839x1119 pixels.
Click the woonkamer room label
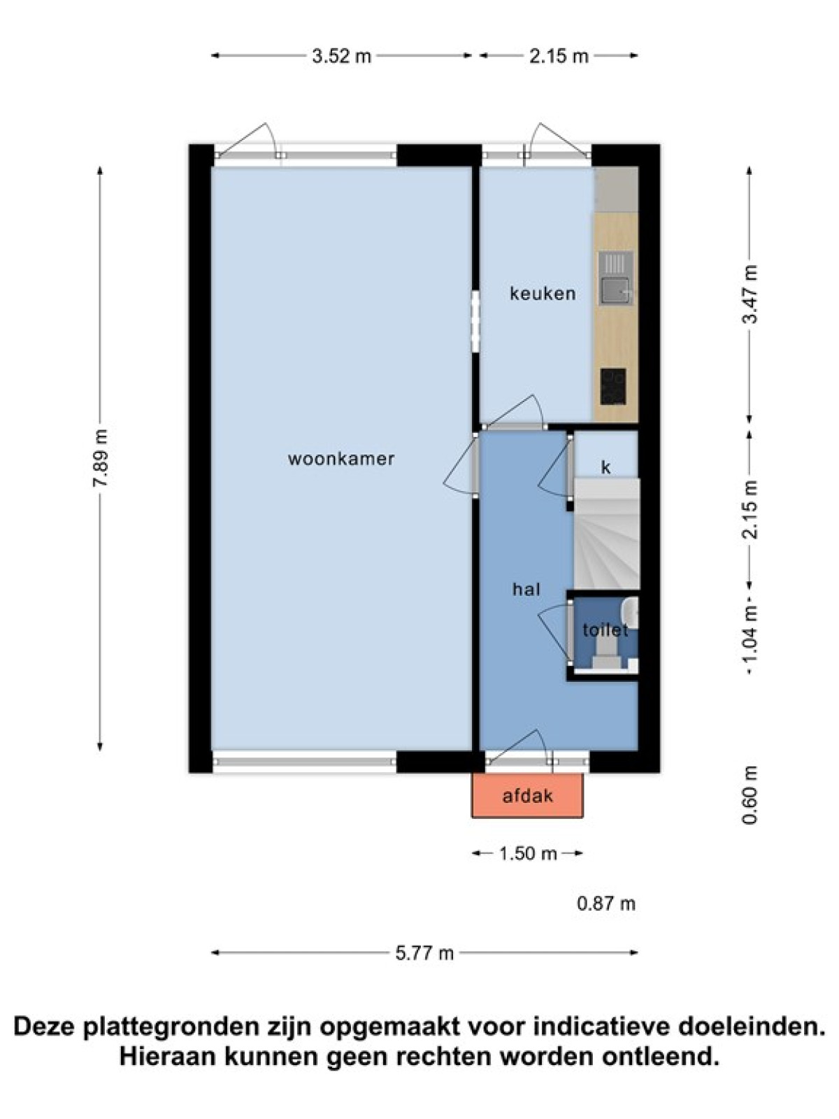(340, 459)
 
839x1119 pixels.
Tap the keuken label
(543, 294)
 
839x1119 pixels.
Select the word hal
(526, 590)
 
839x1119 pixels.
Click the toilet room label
(605, 631)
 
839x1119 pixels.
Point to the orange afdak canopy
(527, 796)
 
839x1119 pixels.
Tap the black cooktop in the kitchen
(613, 387)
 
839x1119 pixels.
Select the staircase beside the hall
(606, 534)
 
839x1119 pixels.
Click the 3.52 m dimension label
(341, 56)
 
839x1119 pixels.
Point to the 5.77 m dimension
(424, 953)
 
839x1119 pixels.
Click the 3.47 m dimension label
(751, 294)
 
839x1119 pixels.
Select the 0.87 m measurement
(606, 904)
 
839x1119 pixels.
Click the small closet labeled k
(605, 455)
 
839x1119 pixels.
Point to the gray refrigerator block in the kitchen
(616, 190)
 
